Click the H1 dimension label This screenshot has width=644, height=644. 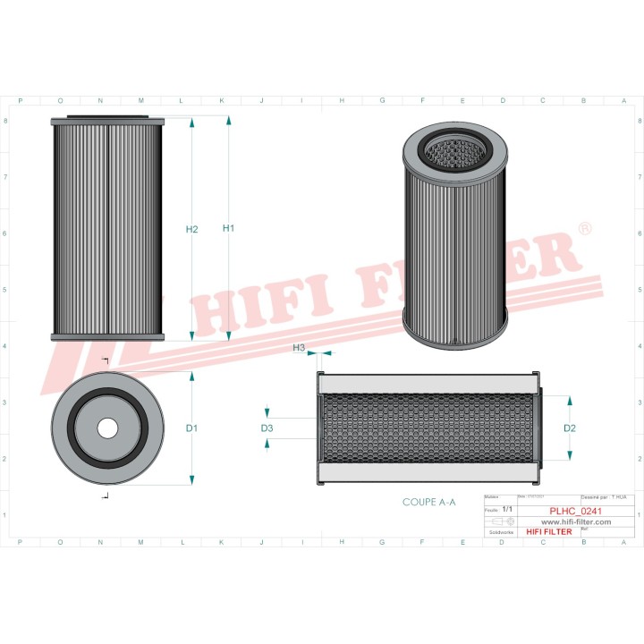228,229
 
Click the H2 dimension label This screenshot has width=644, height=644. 191,230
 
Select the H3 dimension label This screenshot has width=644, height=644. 299,347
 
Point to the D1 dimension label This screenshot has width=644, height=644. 191,428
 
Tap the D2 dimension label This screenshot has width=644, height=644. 570,428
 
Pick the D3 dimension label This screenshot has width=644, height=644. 267,429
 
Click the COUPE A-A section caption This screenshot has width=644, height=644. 429,503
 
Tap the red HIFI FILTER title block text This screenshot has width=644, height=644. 548,531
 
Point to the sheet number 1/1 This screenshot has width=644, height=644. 507,509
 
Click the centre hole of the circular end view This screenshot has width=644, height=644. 107,428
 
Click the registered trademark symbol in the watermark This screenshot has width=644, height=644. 584,230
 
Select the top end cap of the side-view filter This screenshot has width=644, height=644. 108,122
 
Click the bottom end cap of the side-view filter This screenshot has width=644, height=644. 108,336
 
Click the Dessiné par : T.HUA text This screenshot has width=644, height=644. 604,496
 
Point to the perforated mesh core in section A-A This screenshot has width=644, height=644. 429,428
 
